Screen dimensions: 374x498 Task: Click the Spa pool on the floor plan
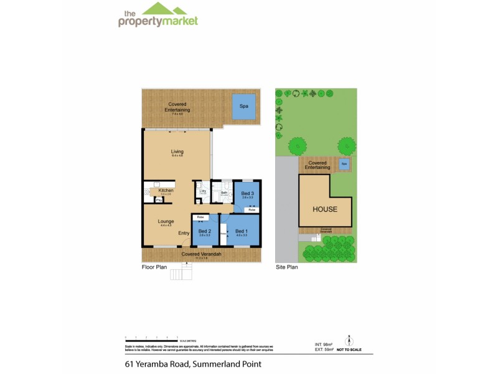(244, 106)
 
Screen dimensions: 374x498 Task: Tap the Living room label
(177, 151)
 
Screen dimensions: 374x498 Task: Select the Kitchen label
(166, 190)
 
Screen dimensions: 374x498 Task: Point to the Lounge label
(166, 221)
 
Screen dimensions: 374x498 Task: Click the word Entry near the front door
(184, 233)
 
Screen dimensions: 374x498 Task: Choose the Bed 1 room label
(242, 231)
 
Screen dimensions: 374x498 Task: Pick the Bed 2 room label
(204, 231)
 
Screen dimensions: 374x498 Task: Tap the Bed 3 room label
(248, 193)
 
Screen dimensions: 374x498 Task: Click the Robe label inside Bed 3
(251, 210)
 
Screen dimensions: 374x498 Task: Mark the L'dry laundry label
(203, 191)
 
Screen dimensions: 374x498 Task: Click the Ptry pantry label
(159, 200)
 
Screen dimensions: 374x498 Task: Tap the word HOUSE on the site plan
(324, 209)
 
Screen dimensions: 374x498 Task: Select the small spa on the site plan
(344, 165)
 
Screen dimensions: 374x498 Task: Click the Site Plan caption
(287, 266)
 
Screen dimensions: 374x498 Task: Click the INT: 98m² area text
(324, 344)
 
